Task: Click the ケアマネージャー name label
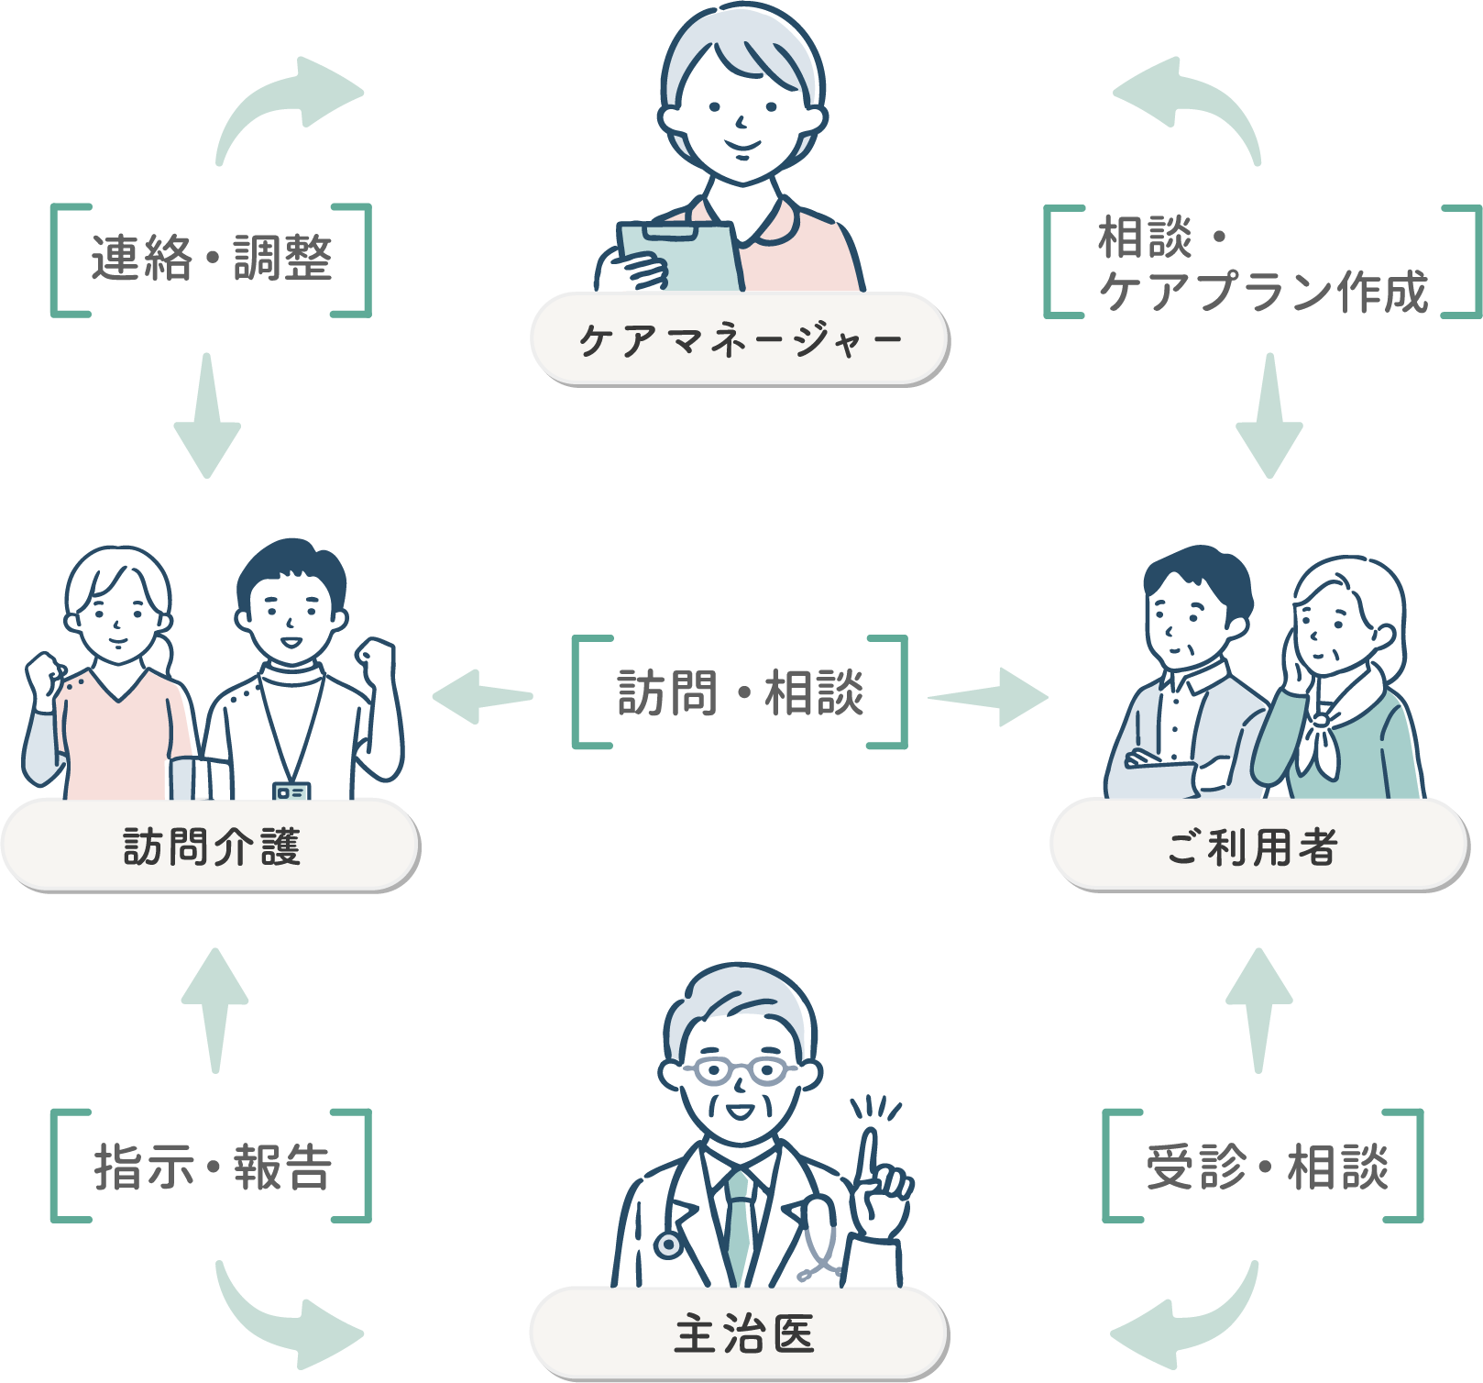click(x=739, y=340)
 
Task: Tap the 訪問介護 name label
click(x=211, y=846)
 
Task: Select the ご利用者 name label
click(x=1253, y=846)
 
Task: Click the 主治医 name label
click(x=743, y=1333)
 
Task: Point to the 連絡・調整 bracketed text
click(x=211, y=259)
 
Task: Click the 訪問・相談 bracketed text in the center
click(x=740, y=692)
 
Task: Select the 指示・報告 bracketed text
click(x=211, y=1167)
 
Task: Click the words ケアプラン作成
click(x=1263, y=292)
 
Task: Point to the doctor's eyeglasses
click(x=739, y=1069)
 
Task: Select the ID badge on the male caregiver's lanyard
click(x=291, y=791)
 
